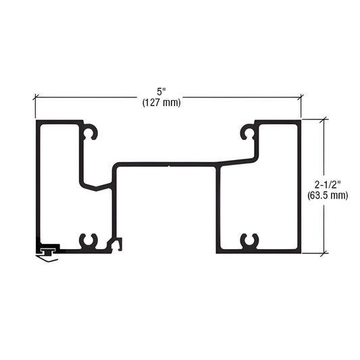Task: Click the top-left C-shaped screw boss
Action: coord(91,133)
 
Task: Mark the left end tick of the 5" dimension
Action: coord(35,97)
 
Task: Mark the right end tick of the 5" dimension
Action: coord(301,97)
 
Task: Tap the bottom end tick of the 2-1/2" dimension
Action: coord(326,253)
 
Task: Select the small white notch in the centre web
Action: coord(168,164)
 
